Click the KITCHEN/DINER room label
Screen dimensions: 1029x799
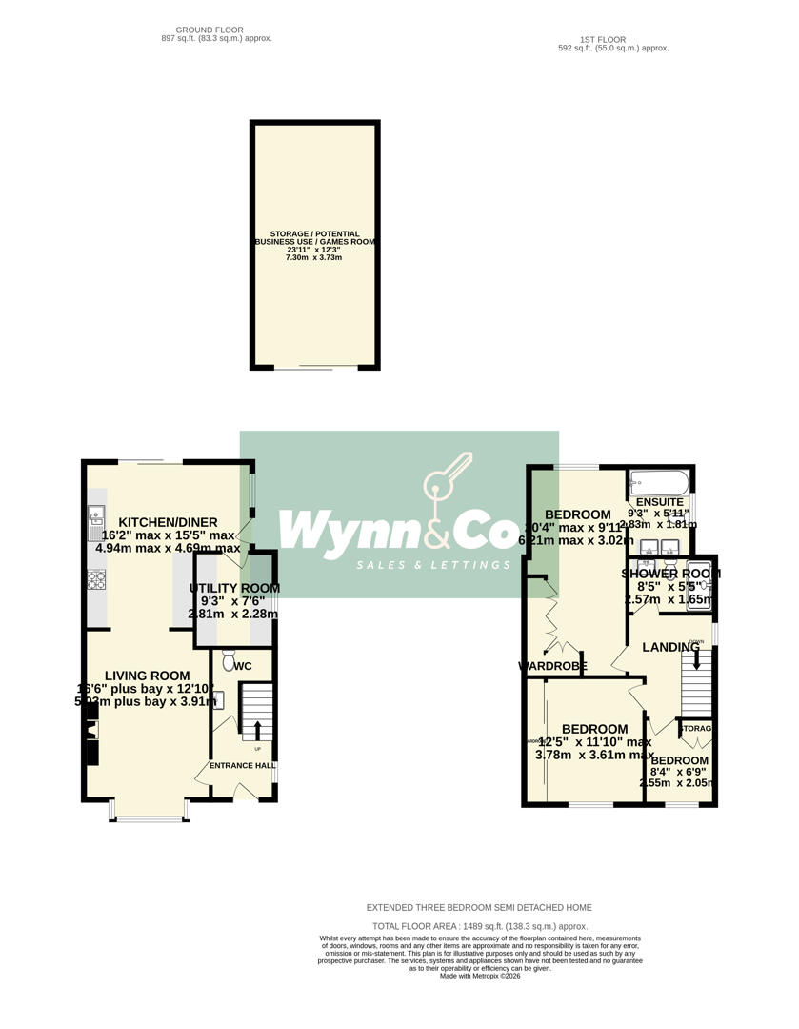pyautogui.click(x=163, y=522)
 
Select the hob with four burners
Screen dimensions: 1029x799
pyautogui.click(x=95, y=579)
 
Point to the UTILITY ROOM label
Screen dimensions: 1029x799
pyautogui.click(x=234, y=589)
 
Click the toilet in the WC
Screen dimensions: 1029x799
pyautogui.click(x=228, y=659)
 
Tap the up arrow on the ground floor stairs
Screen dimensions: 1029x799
pyautogui.click(x=256, y=729)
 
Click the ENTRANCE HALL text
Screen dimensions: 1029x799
pyautogui.click(x=243, y=765)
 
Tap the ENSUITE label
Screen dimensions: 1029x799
pyautogui.click(x=659, y=502)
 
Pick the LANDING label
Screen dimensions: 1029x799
pyautogui.click(x=670, y=648)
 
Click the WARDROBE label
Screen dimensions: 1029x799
pyautogui.click(x=552, y=666)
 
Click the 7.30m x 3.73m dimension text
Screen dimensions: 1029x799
pyautogui.click(x=313, y=257)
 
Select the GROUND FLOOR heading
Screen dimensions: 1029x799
pyautogui.click(x=203, y=30)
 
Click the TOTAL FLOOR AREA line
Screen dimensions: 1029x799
pyautogui.click(x=480, y=926)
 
